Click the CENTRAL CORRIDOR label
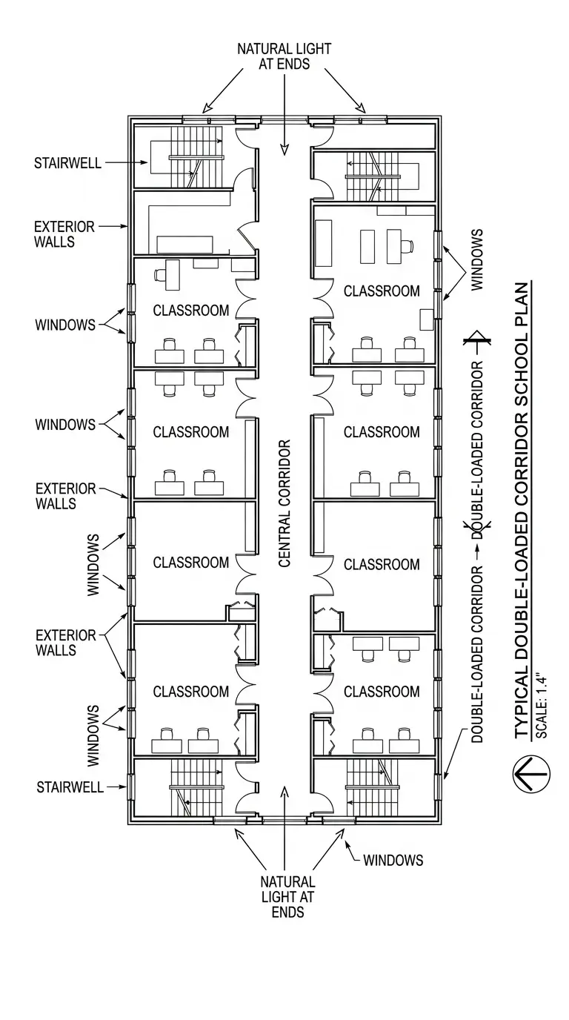(x=284, y=503)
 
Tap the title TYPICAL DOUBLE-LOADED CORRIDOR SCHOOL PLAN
(x=522, y=511)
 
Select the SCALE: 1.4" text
(x=542, y=704)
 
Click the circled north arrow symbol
(x=531, y=774)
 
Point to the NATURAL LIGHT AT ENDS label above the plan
(x=284, y=56)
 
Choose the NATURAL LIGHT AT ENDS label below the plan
(x=287, y=897)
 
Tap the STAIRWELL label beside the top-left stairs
(x=68, y=163)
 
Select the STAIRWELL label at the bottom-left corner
(x=70, y=787)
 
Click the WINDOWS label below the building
(x=393, y=860)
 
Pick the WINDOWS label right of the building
(x=476, y=260)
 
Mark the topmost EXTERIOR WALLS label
(x=64, y=234)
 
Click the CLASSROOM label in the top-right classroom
(x=382, y=291)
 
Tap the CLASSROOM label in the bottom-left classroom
(x=190, y=692)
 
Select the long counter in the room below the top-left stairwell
(x=184, y=244)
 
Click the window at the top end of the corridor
(x=285, y=120)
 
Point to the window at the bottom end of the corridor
(x=285, y=821)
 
